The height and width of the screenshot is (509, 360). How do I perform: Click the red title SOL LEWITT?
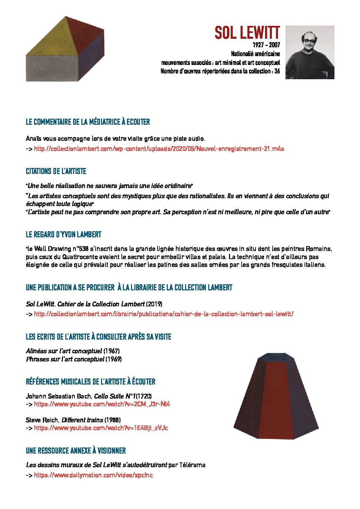point(247,33)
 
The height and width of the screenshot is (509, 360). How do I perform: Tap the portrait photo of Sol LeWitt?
point(310,52)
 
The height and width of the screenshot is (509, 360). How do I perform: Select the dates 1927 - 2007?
point(266,45)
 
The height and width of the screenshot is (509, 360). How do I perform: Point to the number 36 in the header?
point(277,71)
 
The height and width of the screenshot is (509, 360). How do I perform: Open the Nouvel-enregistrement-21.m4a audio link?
point(159,149)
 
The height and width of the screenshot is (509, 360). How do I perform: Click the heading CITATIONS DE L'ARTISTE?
point(56,171)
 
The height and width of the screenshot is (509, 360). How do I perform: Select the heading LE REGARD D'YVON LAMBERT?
point(64,234)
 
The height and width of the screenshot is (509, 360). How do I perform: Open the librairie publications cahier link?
point(163,314)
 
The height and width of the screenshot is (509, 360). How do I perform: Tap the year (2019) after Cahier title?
point(154,304)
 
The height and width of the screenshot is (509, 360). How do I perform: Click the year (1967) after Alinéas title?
point(112,351)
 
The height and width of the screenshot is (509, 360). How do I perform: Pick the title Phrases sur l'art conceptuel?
point(65,359)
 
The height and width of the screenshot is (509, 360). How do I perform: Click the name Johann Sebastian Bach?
point(58,396)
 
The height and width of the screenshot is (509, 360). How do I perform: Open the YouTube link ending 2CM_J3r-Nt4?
point(102,404)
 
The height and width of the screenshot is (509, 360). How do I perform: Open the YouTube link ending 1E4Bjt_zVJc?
point(101,428)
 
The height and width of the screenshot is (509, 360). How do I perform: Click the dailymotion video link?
point(93,475)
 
